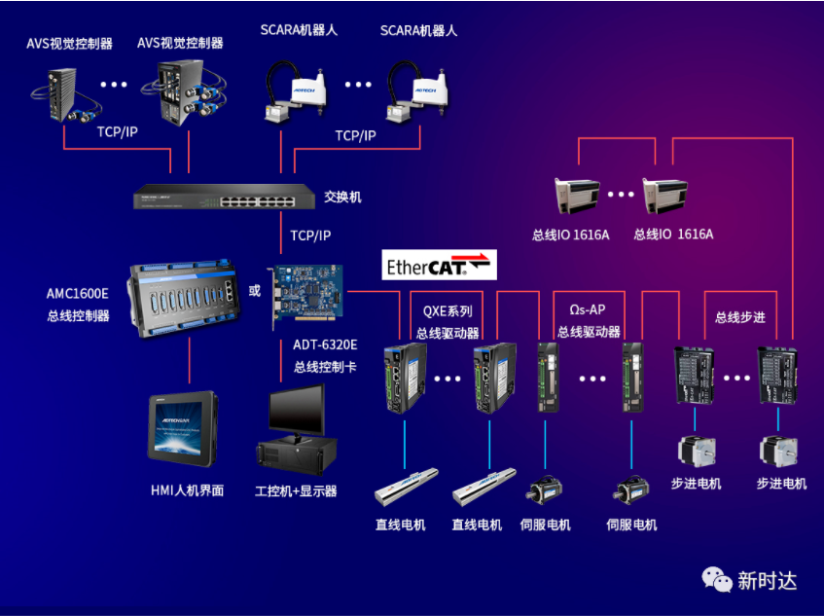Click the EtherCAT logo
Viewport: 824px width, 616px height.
coord(439,266)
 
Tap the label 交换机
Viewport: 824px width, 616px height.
coord(342,198)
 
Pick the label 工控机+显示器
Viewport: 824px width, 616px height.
coord(296,491)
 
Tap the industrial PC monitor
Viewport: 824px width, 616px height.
coord(297,410)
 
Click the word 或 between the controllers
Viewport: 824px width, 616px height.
coord(255,291)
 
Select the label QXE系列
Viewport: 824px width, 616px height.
coord(448,312)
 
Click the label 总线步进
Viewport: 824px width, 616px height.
coord(739,317)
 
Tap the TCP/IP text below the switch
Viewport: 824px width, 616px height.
coord(310,236)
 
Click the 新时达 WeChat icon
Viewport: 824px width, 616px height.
coord(718,580)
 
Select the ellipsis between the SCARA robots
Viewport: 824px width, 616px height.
coord(357,85)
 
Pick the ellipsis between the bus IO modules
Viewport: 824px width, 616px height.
coord(621,195)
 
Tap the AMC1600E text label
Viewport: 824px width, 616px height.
coord(78,293)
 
